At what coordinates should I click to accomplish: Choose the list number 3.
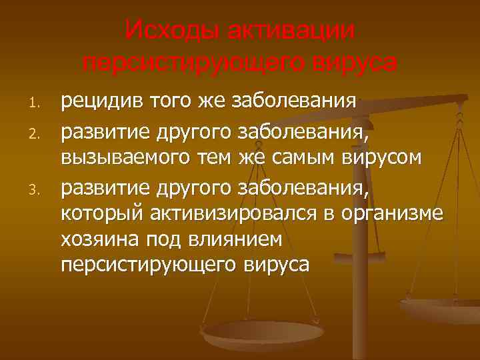37,193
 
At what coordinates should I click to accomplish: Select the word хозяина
96,238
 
